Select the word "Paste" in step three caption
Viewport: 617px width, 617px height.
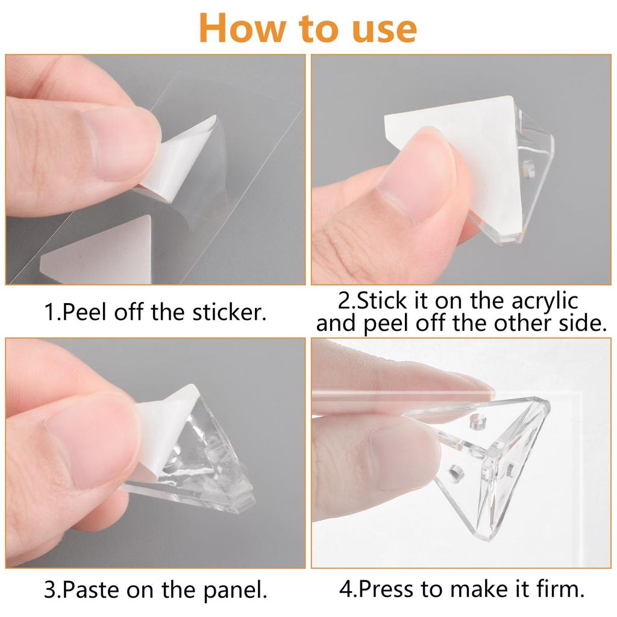tap(90, 589)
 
